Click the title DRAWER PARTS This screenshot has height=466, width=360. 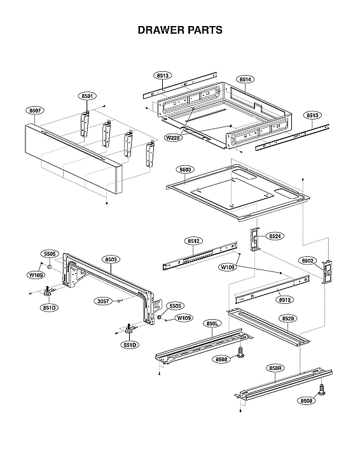coord(180,30)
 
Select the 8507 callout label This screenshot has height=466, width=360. coord(36,110)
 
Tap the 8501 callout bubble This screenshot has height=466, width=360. coord(88,96)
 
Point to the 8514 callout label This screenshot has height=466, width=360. coord(246,79)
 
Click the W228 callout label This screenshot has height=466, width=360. coord(173,137)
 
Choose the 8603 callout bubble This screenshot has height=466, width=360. coord(186,170)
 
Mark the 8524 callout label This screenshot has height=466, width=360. coord(275,236)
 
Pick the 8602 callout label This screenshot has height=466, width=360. coord(308,261)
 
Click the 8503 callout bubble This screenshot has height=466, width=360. coord(111,259)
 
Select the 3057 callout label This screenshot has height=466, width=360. coord(102,301)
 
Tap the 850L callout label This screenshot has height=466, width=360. coord(212,324)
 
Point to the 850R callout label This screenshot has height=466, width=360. coord(275,368)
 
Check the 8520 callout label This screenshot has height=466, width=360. coord(288,317)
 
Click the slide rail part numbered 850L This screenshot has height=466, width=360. coord(200,346)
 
